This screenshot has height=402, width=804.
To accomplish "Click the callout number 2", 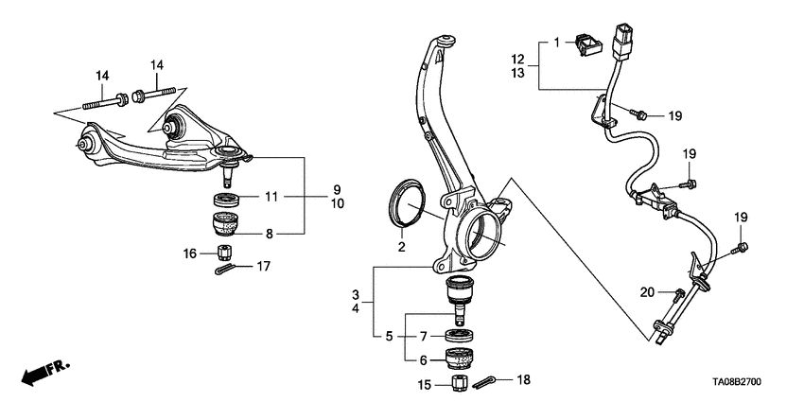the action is (x=401, y=247).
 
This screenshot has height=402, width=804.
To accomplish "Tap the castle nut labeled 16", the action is (x=224, y=253).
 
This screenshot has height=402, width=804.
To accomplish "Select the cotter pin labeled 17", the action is (x=224, y=269).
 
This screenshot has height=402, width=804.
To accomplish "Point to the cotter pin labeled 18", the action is (x=483, y=382).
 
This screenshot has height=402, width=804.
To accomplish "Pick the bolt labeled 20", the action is (x=678, y=296).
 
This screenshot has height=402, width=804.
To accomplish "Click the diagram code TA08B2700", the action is (x=736, y=382).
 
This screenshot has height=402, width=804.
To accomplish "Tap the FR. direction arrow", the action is (x=45, y=372).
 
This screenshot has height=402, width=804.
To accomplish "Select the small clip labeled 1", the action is (x=589, y=44).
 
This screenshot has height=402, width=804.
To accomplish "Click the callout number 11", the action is (x=271, y=197).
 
